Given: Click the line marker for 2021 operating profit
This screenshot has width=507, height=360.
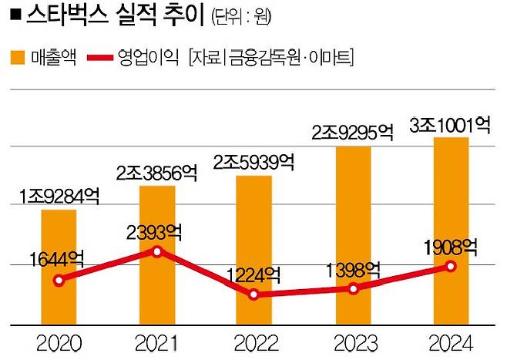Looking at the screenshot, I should tap(157, 251).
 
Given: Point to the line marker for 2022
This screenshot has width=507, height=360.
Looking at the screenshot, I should tap(254, 294).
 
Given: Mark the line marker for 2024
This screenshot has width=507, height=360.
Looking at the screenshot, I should tap(452, 266).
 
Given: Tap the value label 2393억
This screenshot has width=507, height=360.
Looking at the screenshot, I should tap(156, 230).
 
